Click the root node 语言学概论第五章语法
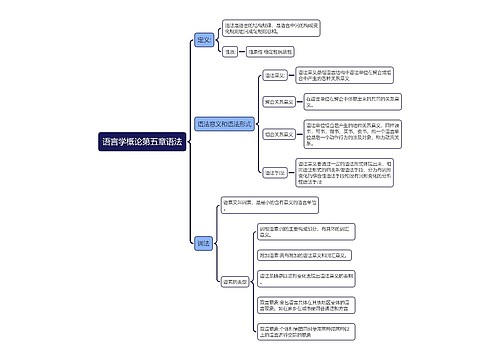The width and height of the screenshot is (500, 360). (x=142, y=142)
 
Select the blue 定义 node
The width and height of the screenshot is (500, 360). (x=205, y=40)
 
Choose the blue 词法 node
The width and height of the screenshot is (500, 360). (x=204, y=243)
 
